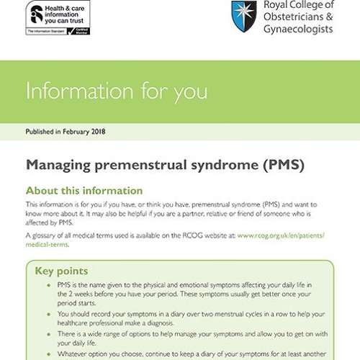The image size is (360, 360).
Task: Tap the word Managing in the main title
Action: click(x=60, y=165)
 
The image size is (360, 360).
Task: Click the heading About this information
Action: click(x=84, y=191)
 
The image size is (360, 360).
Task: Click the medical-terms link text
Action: click(x=46, y=245)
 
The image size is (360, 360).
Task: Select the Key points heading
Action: click(x=62, y=271)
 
